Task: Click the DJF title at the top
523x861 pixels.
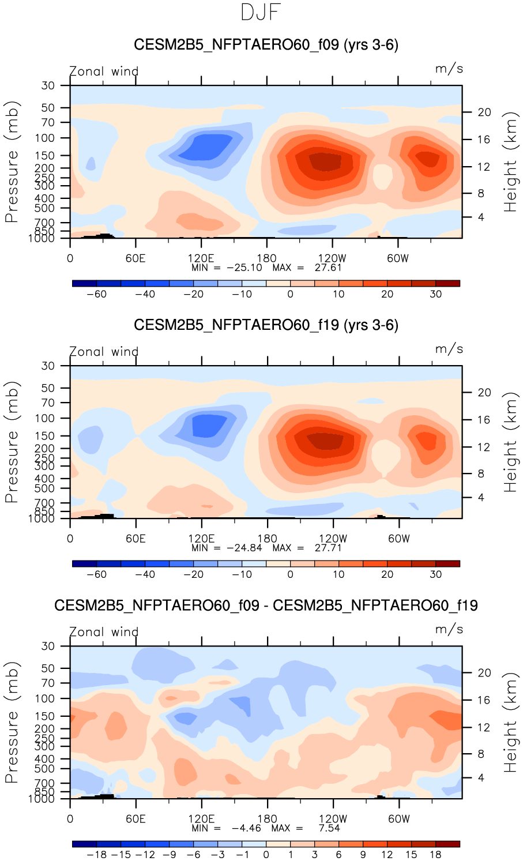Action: point(261,13)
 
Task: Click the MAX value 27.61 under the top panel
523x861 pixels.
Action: point(328,268)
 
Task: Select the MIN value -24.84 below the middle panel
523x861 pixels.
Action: point(244,548)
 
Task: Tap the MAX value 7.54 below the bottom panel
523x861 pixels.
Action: point(327,828)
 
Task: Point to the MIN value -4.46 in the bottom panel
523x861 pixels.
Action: point(246,828)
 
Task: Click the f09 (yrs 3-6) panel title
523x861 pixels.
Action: point(266,44)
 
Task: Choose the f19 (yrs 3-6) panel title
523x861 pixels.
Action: point(266,325)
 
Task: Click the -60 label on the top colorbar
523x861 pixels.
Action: point(96,294)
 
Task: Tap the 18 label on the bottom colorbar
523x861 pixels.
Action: point(435,855)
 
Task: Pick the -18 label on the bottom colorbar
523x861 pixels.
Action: point(96,855)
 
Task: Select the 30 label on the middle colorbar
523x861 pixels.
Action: point(435,574)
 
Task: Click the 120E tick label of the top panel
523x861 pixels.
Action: point(201,258)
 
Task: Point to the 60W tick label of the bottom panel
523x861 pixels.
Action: point(398,819)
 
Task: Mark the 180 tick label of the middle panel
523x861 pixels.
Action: point(267,539)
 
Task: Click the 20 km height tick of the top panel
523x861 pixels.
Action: point(484,112)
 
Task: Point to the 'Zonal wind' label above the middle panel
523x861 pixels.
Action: point(104,352)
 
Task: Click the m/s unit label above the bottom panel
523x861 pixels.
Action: point(449,629)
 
